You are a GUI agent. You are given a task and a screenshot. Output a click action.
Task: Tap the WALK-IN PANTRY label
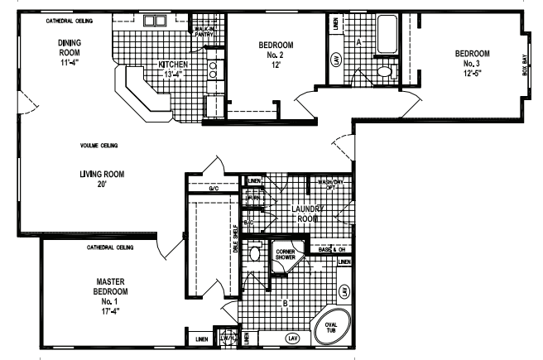click(x=204, y=32)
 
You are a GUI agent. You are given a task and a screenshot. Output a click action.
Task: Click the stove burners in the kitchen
click(x=213, y=70)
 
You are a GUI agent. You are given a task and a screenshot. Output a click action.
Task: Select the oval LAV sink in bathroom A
click(x=336, y=60)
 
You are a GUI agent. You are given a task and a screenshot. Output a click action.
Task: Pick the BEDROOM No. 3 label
click(x=473, y=63)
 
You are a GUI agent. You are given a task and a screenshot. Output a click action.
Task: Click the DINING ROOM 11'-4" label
click(x=69, y=50)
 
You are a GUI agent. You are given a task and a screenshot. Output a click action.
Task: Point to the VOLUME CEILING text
click(x=99, y=146)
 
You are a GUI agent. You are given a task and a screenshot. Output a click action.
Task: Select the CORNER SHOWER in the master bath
click(x=286, y=256)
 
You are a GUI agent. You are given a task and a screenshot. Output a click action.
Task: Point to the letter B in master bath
click(x=285, y=303)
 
